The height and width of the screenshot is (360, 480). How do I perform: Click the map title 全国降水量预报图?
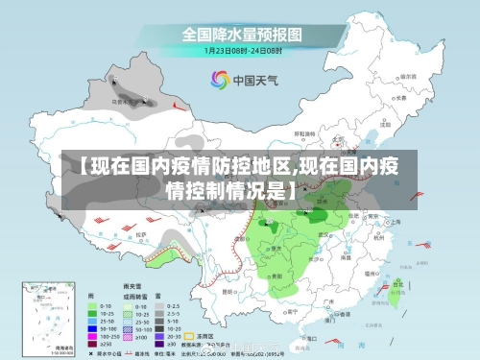click(240, 34)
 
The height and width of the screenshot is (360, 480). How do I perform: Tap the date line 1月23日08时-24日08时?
click(240, 50)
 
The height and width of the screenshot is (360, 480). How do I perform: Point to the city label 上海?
click(396, 221)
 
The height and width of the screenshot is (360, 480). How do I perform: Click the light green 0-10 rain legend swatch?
click(97, 306)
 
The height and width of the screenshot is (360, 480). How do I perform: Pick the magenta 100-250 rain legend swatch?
click(97, 337)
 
